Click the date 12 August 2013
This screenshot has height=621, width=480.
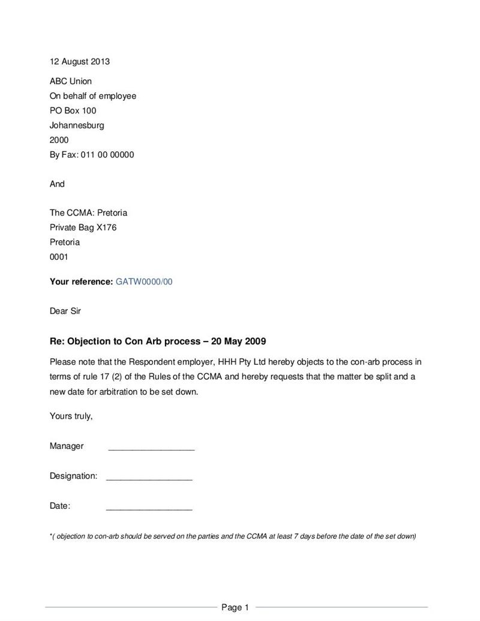pyautogui.click(x=79, y=62)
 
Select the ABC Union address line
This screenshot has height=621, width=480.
pyautogui.click(x=71, y=81)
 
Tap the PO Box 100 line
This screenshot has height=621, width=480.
pyautogui.click(x=73, y=110)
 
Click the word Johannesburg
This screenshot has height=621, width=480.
pyautogui.click(x=77, y=125)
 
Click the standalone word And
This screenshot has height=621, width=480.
pyautogui.click(x=57, y=184)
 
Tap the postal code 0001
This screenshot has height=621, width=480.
pyautogui.click(x=59, y=257)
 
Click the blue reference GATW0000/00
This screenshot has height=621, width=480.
pyautogui.click(x=143, y=281)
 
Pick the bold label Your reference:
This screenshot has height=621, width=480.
pyautogui.click(x=81, y=281)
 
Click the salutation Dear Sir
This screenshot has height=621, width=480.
pyautogui.click(x=65, y=311)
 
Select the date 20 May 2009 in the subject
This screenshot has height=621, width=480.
pyautogui.click(x=238, y=341)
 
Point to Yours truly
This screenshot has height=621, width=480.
pyautogui.click(x=71, y=416)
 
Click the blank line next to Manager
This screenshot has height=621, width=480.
pyautogui.click(x=151, y=448)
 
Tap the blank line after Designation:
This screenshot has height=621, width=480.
pyautogui.click(x=149, y=478)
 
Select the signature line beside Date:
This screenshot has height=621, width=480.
pyautogui.click(x=149, y=508)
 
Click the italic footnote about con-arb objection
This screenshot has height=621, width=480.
pyautogui.click(x=233, y=536)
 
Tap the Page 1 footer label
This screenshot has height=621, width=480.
pyautogui.click(x=235, y=607)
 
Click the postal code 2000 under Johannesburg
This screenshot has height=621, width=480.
pyautogui.click(x=59, y=140)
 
